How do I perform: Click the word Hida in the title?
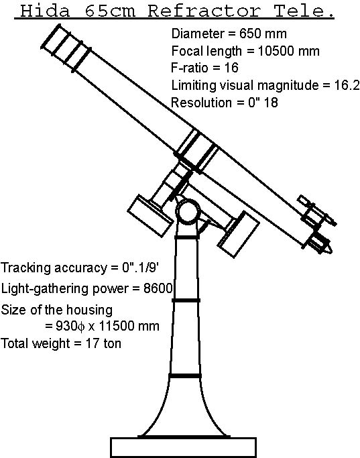tap(46, 11)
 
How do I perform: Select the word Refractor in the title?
tap(204, 11)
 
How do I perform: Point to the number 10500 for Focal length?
tap(276, 51)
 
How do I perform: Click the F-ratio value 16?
tap(231, 68)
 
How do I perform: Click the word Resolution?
tap(202, 103)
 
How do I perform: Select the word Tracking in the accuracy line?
tap(27, 268)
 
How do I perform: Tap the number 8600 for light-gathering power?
tap(158, 288)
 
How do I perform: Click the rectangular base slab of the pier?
tap(184, 447)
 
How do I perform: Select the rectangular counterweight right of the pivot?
tap(239, 235)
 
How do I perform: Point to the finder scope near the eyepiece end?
tap(317, 211)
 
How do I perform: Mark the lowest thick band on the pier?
tap(185, 376)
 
